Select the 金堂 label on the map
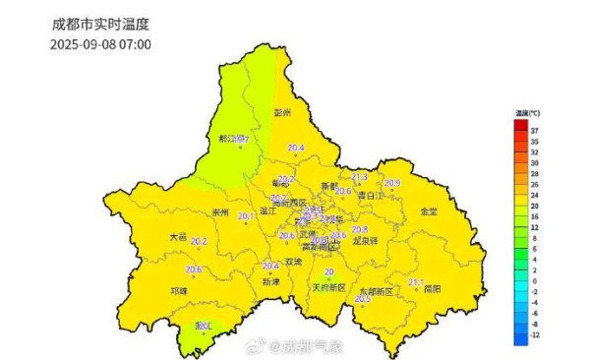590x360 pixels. click(x=430, y=210)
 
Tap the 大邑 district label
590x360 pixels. click(x=177, y=236)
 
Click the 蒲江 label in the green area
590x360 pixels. click(x=205, y=325)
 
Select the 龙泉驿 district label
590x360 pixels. click(x=364, y=240)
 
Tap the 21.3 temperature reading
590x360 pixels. click(x=360, y=177)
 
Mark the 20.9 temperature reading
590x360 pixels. click(x=392, y=183)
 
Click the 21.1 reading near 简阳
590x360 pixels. click(x=416, y=282)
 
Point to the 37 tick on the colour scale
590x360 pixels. click(x=532, y=130)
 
